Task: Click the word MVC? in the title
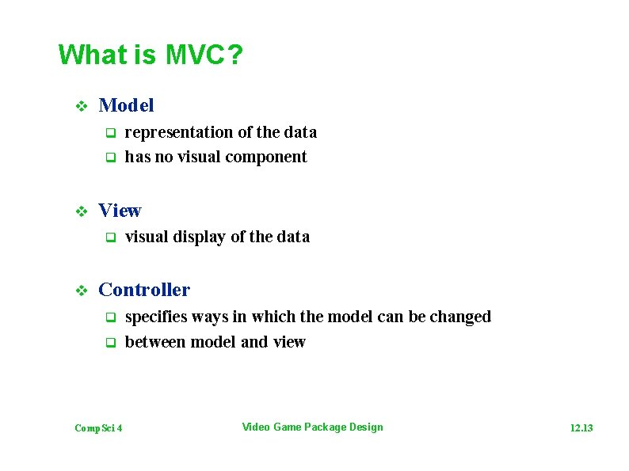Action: point(204,55)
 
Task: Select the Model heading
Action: point(126,105)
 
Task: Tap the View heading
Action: point(120,211)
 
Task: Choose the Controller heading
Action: point(144,291)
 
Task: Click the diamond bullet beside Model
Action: point(79,105)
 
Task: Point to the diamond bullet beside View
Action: point(79,211)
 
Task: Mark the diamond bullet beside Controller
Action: point(79,291)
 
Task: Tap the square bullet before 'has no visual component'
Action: point(112,158)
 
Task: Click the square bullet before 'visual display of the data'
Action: point(112,237)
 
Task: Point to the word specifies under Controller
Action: point(156,317)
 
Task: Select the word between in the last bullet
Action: point(155,342)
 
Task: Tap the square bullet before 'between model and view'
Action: point(112,343)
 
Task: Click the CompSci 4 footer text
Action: point(98,428)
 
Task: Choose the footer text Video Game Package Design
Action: point(312,427)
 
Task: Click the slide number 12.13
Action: point(581,428)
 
